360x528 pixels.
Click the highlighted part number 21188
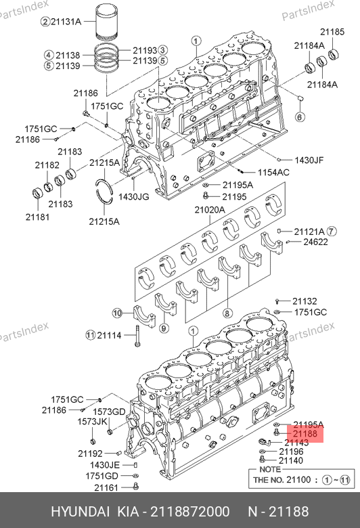click(x=305, y=434)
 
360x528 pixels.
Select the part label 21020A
click(x=210, y=210)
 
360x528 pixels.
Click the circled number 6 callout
click(x=299, y=117)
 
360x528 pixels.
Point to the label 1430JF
click(x=309, y=160)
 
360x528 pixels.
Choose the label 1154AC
click(x=273, y=173)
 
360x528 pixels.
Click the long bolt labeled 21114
click(x=137, y=336)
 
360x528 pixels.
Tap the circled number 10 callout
click(x=117, y=313)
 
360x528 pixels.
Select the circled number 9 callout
click(x=164, y=328)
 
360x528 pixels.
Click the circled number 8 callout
click(x=227, y=313)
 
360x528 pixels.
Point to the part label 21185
click(x=332, y=32)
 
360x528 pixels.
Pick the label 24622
click(x=315, y=242)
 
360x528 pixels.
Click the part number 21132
click(x=305, y=301)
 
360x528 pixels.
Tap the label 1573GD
click(x=109, y=412)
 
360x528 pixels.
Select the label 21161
click(x=106, y=487)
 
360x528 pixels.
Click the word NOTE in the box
click(x=270, y=469)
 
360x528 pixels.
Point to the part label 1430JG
click(x=134, y=197)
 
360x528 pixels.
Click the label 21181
click(x=37, y=217)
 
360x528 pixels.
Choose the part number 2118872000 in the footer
click(x=190, y=512)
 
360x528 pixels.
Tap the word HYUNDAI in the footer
click(x=80, y=512)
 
